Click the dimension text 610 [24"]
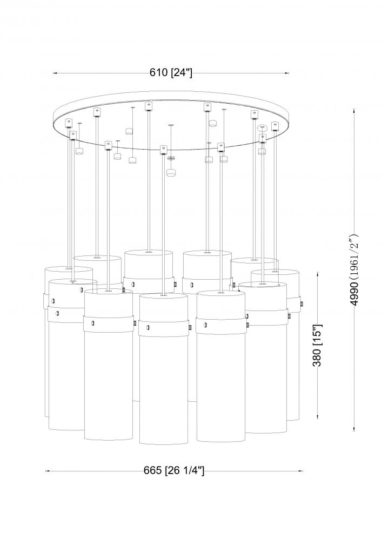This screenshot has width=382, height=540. (x=171, y=73)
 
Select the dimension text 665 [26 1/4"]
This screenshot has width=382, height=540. (x=174, y=470)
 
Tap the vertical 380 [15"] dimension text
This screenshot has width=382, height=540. (x=317, y=345)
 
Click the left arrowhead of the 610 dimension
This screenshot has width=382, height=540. (x=55, y=73)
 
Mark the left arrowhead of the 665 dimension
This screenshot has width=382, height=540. (x=48, y=471)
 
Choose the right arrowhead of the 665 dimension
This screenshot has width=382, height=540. (x=300, y=471)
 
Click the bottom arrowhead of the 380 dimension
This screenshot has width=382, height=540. (x=318, y=416)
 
